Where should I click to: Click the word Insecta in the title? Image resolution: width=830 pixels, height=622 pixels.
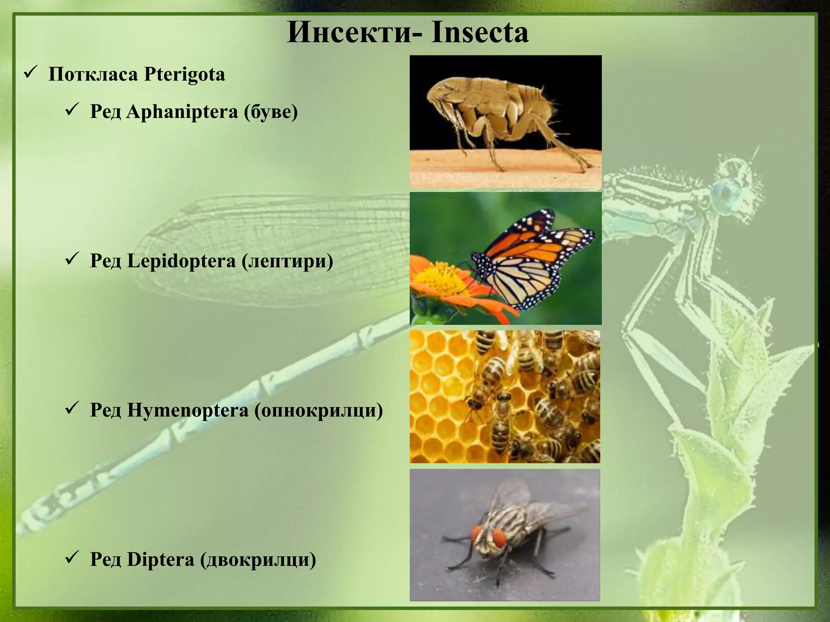click(480, 32)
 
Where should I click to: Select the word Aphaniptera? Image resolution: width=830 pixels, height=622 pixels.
click(182, 112)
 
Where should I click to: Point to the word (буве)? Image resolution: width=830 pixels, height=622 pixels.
click(271, 112)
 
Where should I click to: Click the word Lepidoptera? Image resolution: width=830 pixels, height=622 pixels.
click(181, 261)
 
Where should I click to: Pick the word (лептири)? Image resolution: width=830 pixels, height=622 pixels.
click(287, 261)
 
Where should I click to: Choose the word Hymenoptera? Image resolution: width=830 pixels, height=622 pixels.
click(187, 410)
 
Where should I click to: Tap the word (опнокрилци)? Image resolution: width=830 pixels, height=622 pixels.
click(319, 410)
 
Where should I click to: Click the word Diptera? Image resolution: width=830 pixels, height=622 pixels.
click(160, 560)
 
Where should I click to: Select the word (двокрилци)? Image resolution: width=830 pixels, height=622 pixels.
click(258, 560)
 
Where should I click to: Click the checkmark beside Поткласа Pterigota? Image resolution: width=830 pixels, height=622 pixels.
click(31, 73)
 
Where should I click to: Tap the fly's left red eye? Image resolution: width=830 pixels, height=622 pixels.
click(477, 534)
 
